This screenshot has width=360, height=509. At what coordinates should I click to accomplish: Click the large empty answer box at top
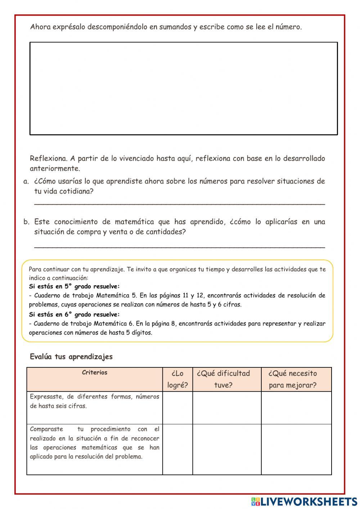184,89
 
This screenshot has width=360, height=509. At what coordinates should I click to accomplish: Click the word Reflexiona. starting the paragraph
48,158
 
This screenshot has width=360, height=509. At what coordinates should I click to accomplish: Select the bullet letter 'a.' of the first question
26,182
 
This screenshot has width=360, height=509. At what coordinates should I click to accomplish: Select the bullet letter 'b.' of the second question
26,222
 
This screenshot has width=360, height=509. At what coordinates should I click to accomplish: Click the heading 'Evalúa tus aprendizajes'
71,357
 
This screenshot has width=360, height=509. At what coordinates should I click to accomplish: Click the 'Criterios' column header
94,373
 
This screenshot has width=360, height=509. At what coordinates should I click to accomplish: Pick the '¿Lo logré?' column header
177,379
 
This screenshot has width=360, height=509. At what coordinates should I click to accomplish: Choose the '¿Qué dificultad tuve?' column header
223,379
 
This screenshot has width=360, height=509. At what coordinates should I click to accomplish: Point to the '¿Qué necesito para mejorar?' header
293,379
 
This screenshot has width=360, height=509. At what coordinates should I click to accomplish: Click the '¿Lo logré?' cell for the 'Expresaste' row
177,408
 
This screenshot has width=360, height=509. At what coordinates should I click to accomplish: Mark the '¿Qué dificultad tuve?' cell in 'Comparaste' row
227,449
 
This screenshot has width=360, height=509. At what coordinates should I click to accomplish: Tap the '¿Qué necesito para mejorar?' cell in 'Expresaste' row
296,408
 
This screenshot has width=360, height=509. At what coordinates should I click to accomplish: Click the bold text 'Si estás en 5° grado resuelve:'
74,287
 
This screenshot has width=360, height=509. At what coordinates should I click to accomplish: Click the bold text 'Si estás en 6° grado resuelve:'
74,314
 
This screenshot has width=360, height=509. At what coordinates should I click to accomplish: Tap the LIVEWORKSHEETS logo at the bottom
304,501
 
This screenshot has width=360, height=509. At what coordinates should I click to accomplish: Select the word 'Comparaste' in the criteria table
46,429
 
